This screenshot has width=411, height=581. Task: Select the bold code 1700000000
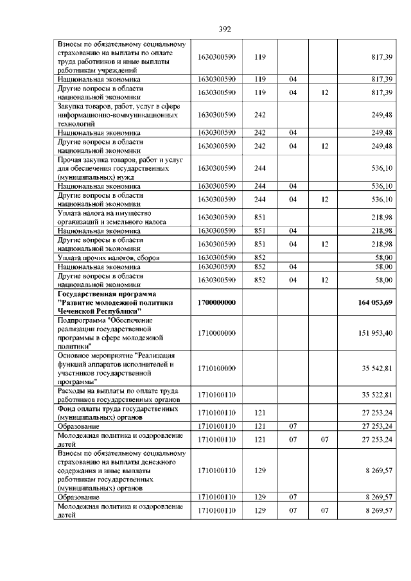click(218, 302)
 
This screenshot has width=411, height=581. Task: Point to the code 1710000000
click(218, 333)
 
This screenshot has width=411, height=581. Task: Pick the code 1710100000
click(218, 367)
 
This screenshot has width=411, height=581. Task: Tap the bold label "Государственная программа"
click(107, 293)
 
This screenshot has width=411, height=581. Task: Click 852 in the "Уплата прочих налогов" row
click(260, 257)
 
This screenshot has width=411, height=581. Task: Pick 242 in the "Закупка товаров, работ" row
click(260, 115)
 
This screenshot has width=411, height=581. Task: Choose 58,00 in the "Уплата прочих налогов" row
click(383, 257)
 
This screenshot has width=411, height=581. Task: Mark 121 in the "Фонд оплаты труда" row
click(260, 412)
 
